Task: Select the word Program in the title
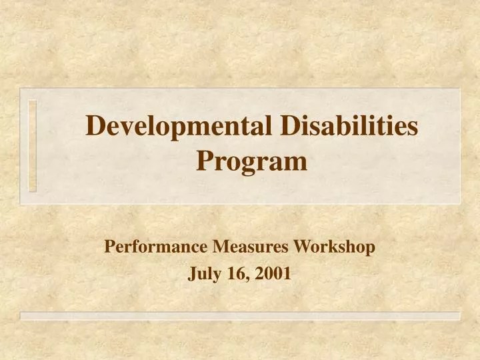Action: pos(252,161)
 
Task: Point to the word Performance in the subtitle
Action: pos(157,247)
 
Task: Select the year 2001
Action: pos(275,273)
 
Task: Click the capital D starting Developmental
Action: pos(97,127)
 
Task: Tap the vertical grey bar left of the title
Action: pos(33,145)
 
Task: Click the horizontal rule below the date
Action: pos(240,315)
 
